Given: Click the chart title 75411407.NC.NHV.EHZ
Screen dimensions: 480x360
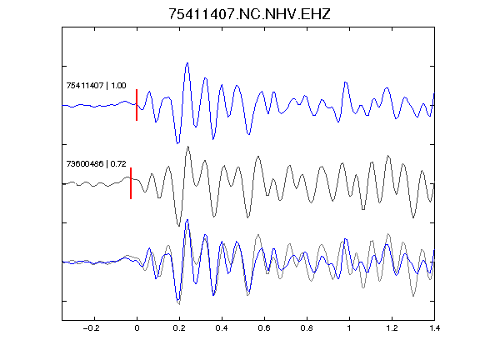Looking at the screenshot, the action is point(249,14).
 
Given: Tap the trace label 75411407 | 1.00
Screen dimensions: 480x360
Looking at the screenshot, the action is point(96,85).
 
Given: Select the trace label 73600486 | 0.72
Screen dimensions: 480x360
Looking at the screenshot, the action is point(96,164).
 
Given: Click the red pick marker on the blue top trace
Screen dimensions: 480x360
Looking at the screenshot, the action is point(137,105).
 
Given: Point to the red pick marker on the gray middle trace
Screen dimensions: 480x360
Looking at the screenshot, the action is point(131,183).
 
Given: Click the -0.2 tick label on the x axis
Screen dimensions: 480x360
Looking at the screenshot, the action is point(92,328).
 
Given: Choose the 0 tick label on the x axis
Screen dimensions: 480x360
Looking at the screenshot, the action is point(137,328).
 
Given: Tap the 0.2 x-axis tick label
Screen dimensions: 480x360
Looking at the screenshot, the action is point(179,328).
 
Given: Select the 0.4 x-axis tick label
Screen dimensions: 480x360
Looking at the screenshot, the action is point(222,328).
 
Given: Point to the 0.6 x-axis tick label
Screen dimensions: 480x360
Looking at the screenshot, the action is point(264,328).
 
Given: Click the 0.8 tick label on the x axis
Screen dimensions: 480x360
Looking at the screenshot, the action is point(307,328).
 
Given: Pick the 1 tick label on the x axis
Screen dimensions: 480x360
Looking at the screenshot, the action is point(349,328).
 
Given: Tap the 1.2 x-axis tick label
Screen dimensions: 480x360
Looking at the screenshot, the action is point(392,328).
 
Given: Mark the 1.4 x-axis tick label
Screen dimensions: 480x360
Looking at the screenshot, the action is point(434,328).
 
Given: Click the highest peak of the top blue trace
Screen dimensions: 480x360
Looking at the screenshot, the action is point(187,63).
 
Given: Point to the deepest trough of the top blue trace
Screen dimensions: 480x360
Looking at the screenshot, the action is point(177,142).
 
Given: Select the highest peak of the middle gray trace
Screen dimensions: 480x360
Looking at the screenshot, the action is point(188,147).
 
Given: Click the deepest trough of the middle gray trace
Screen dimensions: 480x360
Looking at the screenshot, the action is point(179,226).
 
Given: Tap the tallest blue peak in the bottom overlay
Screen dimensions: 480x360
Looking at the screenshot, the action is point(187,220).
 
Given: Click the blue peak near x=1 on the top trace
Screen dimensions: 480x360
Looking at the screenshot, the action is point(345,82).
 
